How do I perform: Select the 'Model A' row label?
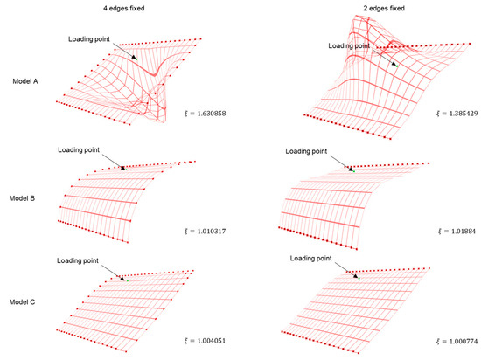click(x=24, y=81)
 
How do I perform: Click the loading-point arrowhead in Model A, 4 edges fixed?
click(x=134, y=58)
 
